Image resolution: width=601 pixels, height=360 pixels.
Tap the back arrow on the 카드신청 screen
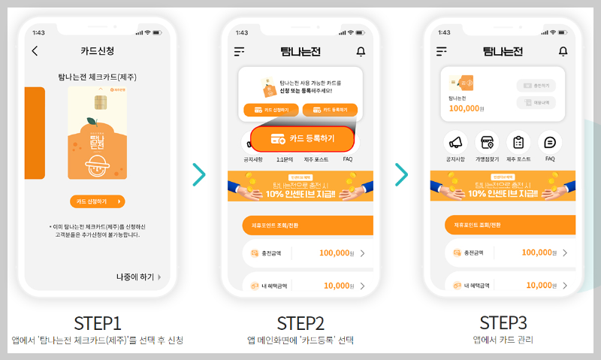coord(35,51)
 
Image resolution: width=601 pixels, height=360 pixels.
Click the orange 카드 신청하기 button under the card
coord(97,201)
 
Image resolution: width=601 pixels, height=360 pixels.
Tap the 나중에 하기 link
coord(139,277)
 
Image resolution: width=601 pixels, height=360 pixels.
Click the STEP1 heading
coord(97,323)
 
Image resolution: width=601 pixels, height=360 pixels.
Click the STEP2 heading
coord(300,323)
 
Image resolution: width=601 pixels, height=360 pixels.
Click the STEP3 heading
coord(503,322)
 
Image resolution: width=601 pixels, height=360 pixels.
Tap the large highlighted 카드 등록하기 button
coord(302,139)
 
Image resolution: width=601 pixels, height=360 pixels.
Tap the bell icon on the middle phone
coord(361,51)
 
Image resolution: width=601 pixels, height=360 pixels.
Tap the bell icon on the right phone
coord(563,51)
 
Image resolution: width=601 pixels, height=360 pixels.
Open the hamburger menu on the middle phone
coord(240,51)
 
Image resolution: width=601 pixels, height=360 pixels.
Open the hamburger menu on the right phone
coord(442,51)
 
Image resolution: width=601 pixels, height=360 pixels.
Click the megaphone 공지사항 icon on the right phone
coord(455,142)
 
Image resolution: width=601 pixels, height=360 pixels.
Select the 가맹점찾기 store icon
coord(487,142)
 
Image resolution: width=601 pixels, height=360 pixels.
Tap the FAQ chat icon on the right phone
coord(550,142)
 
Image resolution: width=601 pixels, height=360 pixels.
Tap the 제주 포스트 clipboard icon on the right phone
coord(518,142)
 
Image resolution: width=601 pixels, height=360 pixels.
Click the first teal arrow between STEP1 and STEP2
coord(198,174)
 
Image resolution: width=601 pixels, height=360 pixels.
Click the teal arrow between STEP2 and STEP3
coord(401,174)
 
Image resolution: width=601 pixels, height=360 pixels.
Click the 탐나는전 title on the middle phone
coord(300,51)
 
